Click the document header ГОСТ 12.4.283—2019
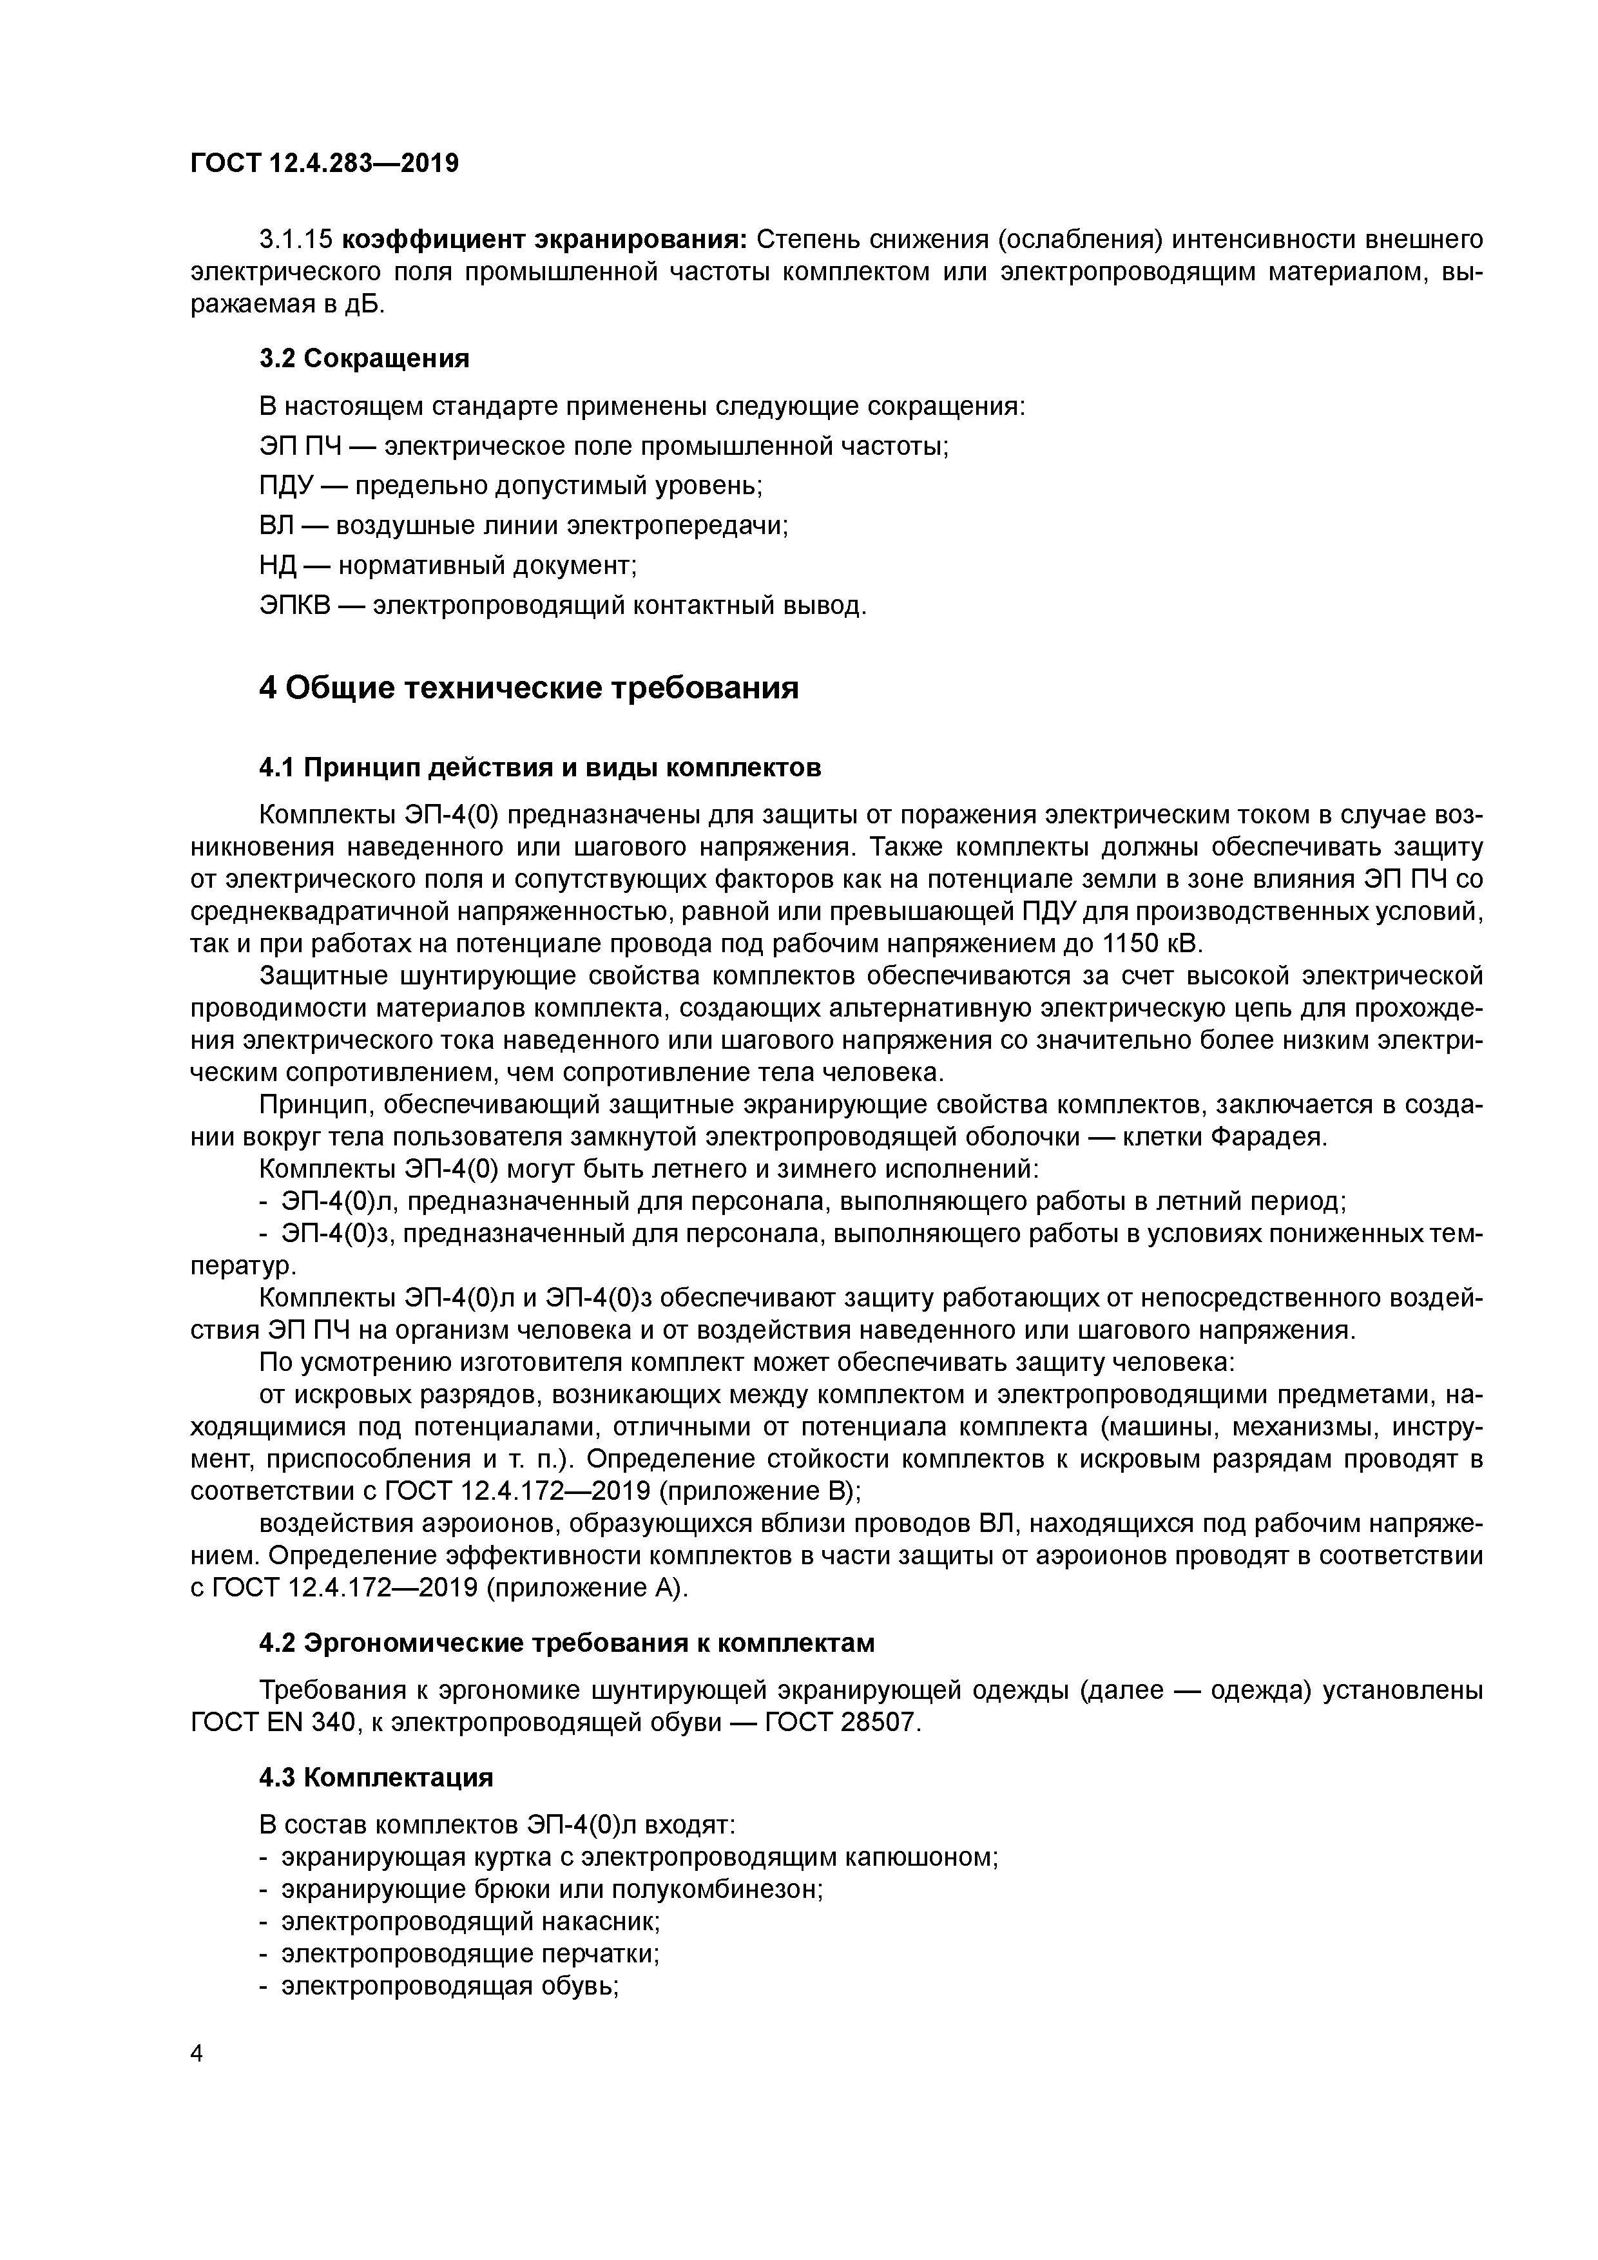click(324, 164)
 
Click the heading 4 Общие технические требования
click(529, 688)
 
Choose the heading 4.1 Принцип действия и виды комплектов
click(539, 767)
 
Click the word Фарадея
click(1268, 1137)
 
